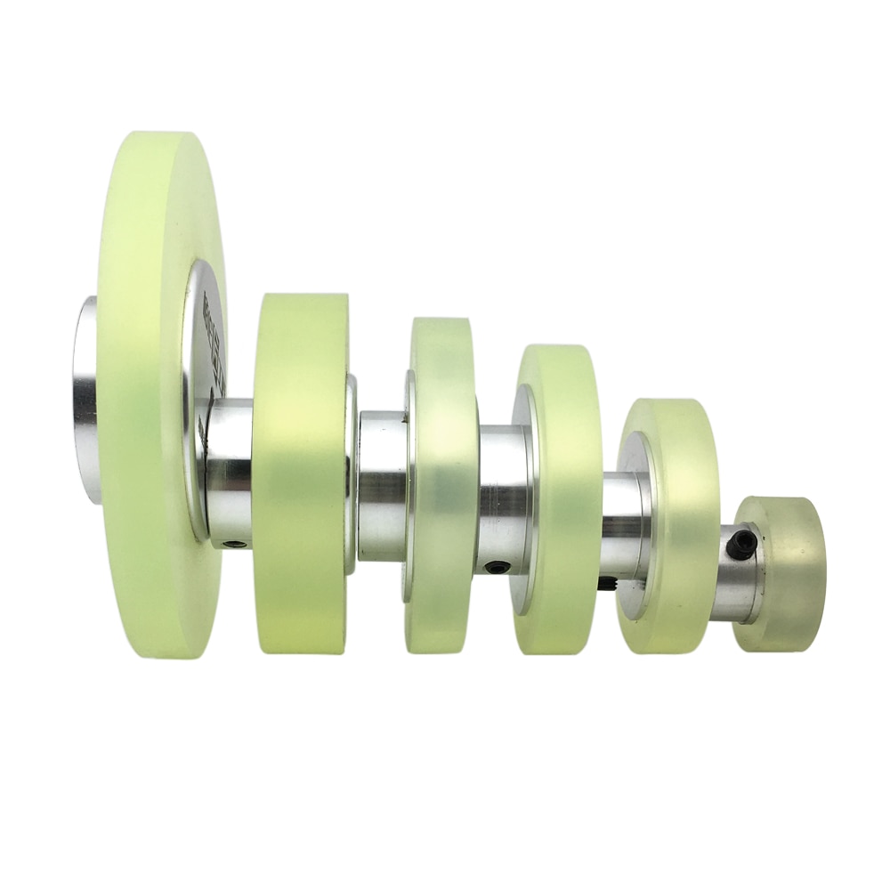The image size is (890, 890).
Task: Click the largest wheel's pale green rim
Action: click(x=142, y=400)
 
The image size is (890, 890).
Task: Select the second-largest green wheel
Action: click(x=300, y=472)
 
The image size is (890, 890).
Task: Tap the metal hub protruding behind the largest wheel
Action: click(x=85, y=400)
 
